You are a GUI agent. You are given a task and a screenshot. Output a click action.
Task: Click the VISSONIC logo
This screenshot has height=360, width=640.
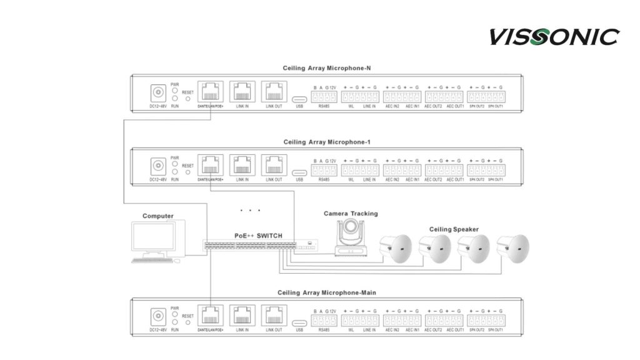pos(554,36)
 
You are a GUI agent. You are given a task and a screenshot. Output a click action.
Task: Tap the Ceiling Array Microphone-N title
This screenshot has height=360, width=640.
pos(328,67)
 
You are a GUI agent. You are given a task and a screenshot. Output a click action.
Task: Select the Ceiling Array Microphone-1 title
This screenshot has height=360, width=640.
pos(327,142)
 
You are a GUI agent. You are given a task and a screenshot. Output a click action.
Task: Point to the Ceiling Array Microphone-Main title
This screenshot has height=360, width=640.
pos(327,292)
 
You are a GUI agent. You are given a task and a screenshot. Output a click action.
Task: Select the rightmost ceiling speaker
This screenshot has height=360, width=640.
pos(513,248)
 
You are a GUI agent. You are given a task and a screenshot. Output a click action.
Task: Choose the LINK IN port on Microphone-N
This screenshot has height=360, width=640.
pos(241,93)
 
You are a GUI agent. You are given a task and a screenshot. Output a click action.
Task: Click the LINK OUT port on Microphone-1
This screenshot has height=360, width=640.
pos(274,166)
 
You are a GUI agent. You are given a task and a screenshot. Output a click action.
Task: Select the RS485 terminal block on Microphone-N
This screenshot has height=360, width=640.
pos(324,97)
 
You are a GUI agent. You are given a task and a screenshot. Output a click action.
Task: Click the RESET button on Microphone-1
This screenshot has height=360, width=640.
pos(188,172)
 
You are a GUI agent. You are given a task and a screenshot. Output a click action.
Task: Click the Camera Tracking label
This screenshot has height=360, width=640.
pos(351,214)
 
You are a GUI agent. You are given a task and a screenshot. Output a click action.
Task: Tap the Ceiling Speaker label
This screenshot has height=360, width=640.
pos(454,229)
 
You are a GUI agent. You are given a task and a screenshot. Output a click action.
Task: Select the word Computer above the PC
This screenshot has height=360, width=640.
pos(158,216)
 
